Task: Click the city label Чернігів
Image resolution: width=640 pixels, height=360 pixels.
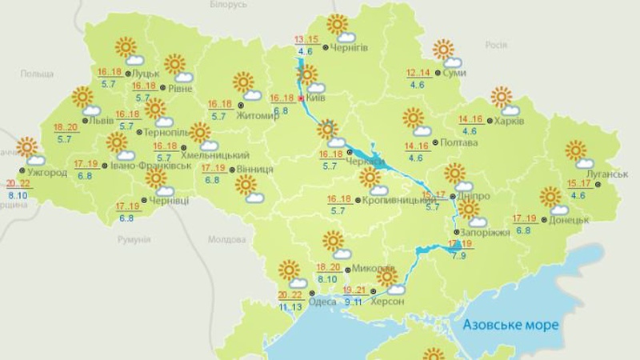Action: click(x=349, y=48)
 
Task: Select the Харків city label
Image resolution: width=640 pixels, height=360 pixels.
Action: click(x=509, y=122)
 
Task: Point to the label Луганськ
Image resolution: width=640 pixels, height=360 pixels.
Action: click(x=600, y=174)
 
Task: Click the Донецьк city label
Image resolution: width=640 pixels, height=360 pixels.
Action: click(x=570, y=219)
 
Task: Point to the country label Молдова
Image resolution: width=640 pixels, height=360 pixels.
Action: click(x=226, y=239)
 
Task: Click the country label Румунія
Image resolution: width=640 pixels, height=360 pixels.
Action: click(x=133, y=239)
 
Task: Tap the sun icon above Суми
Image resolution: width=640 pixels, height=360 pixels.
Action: click(x=442, y=50)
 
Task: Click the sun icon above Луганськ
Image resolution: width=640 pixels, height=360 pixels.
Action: click(x=575, y=150)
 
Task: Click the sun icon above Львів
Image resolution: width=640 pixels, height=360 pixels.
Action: click(x=82, y=97)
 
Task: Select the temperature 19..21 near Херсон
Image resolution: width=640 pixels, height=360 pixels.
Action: click(x=355, y=290)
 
